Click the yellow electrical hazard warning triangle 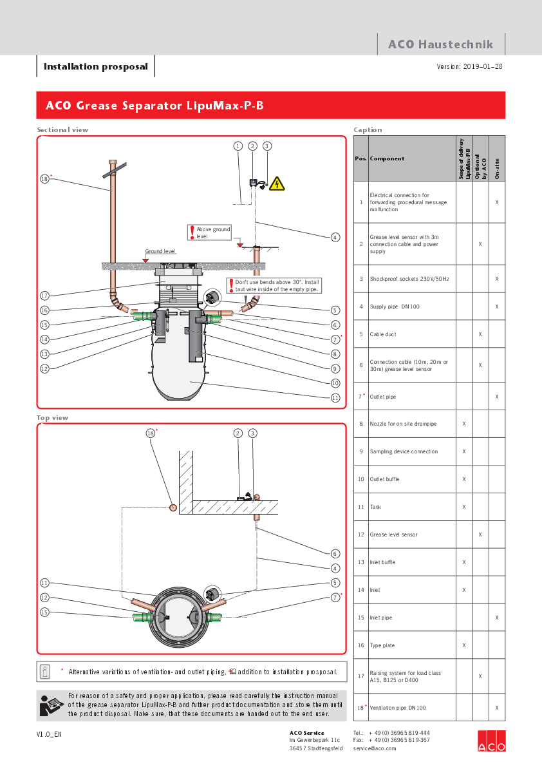pos(277,184)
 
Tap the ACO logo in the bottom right pos(491,741)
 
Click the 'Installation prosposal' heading pos(95,66)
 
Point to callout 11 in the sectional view pos(335,398)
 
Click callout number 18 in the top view pos(151,433)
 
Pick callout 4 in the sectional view pos(335,238)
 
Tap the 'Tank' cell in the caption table pos(375,507)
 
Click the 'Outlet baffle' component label pos(384,479)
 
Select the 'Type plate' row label pos(382,645)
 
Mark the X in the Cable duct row pos(480,334)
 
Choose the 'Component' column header pos(387,158)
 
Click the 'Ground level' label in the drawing pos(160,252)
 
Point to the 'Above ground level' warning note pos(213,232)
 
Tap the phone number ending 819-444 pos(399,733)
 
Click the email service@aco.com pos(375,748)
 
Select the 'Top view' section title pos(53,418)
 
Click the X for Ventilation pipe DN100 pos(497,708)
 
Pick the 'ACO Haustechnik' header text pos(440,44)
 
